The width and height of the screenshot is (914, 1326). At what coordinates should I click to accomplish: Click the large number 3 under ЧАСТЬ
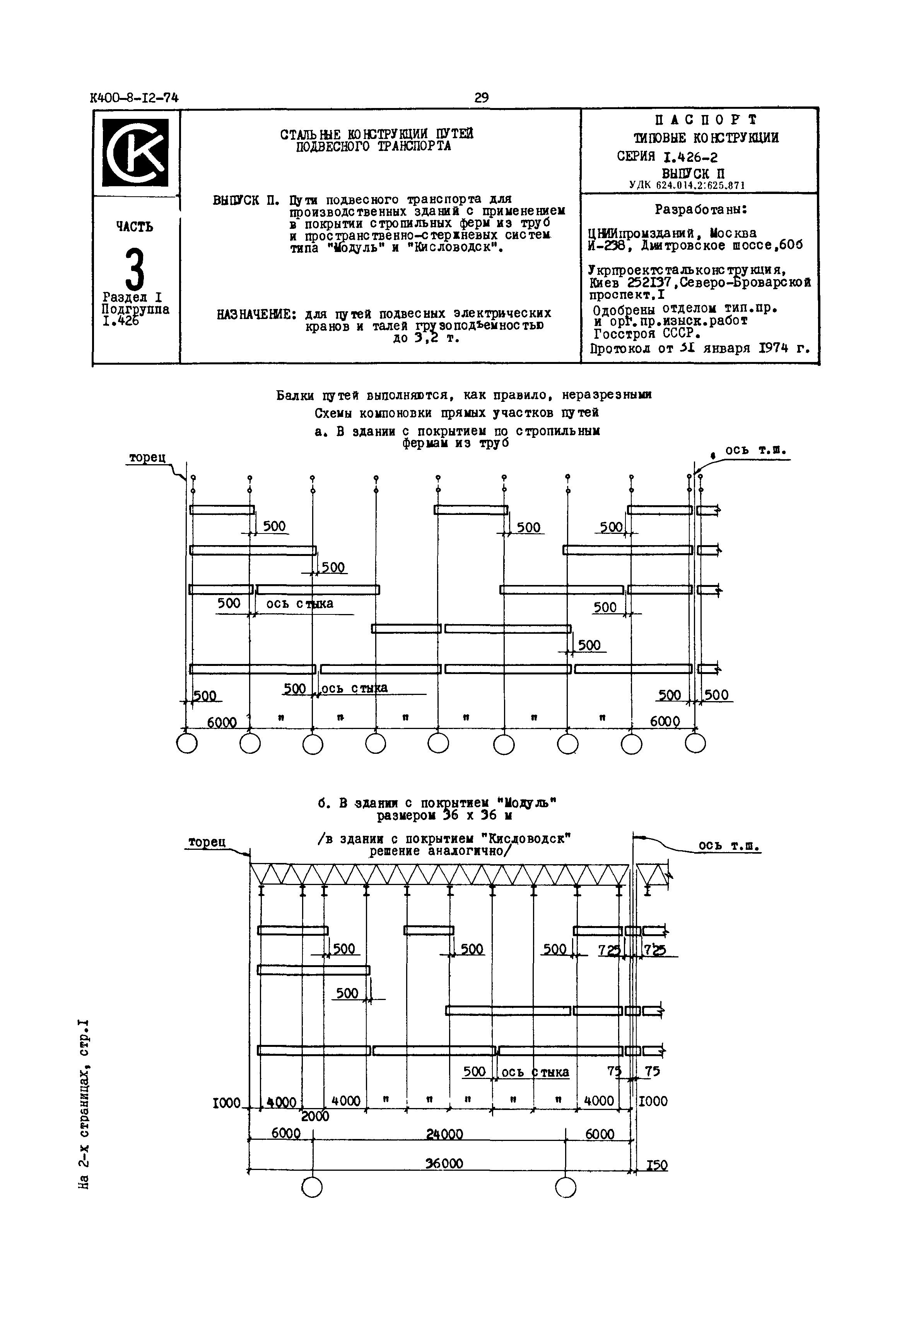tap(135, 270)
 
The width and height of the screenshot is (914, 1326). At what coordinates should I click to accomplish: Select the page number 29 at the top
tap(482, 98)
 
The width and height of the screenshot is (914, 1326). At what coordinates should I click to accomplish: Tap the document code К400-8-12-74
tap(134, 98)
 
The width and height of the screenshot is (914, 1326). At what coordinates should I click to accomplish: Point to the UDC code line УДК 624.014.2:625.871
tap(687, 185)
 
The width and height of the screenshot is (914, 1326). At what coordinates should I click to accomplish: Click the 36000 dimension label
tap(444, 1163)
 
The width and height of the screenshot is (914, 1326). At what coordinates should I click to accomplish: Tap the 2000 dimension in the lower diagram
tap(315, 1116)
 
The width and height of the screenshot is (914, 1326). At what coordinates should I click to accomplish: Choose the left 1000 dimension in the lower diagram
tap(226, 1102)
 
